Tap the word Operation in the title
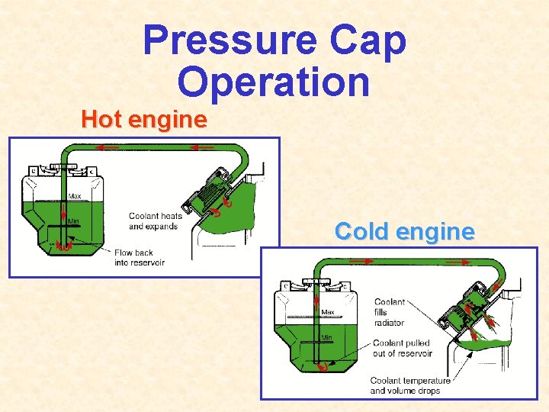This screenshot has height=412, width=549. (274, 82)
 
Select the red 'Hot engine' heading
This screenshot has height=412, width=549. (144, 120)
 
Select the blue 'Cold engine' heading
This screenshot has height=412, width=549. (404, 231)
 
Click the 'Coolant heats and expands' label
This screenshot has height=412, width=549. (156, 220)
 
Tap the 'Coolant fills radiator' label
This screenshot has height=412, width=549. (390, 312)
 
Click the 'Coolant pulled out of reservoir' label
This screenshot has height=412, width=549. (401, 348)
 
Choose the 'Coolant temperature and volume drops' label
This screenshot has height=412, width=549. (410, 385)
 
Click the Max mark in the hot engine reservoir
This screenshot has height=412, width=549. (75, 196)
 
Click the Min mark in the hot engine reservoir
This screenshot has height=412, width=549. (74, 221)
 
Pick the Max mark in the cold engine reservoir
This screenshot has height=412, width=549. (328, 312)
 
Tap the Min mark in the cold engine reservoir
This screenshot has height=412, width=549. (326, 337)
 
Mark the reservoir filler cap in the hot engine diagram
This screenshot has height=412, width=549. (64, 167)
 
